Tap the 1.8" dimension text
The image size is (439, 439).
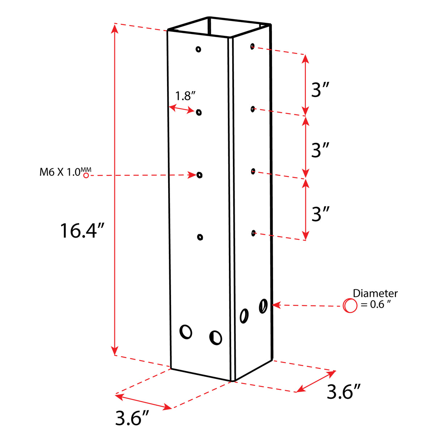point(185,96)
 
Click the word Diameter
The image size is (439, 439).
point(375,293)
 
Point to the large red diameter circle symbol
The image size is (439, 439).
point(350,306)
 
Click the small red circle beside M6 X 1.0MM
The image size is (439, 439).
point(86,175)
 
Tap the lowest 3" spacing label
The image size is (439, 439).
point(320,214)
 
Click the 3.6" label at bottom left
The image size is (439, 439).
point(132,418)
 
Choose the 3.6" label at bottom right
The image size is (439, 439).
point(344,392)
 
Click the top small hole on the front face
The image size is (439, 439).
point(198,49)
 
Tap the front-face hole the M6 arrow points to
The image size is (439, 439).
point(199,175)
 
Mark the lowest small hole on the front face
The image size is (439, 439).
point(200,237)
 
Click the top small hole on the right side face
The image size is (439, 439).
point(252,46)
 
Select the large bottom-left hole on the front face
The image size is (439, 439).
point(186,332)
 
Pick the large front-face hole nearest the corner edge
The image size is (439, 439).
point(216,338)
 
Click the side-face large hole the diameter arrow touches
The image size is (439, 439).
point(263,306)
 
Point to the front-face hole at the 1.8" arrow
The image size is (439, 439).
point(199,112)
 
